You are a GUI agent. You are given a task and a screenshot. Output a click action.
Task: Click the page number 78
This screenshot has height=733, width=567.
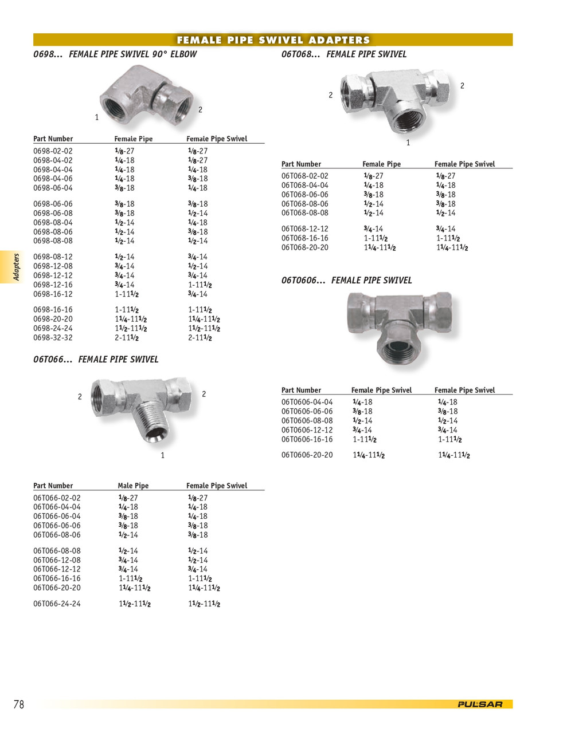pos(19,704)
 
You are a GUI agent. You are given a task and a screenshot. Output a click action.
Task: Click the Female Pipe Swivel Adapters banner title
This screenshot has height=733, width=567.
pos(273,40)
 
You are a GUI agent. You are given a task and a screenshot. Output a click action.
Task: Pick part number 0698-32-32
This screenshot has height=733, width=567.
pos(53,338)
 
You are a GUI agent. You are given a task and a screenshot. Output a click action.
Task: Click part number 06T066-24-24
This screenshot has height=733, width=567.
pos(57,604)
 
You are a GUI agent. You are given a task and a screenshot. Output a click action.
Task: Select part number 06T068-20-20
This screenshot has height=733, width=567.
pos(304,247)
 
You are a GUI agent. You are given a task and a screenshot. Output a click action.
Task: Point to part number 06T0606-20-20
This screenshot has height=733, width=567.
pos(307,455)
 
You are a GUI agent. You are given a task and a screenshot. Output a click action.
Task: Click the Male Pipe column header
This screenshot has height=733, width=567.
pos(133,486)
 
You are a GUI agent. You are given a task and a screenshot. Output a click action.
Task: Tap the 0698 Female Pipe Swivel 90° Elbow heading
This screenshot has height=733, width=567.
pos(115,54)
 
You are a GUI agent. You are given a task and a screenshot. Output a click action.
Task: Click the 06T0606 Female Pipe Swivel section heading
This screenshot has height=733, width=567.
pos(346,281)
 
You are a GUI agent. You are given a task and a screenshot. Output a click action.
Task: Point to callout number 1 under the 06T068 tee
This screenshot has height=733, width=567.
pos(408,143)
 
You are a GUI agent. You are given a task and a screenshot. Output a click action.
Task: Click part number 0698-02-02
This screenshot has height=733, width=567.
pos(53,151)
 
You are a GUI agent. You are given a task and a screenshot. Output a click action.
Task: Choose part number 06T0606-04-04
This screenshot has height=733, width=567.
pos(307,402)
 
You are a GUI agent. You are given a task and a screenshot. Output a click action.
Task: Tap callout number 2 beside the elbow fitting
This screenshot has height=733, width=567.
pos(200,109)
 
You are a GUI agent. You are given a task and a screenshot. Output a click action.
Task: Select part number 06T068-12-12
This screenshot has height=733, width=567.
pos(304,229)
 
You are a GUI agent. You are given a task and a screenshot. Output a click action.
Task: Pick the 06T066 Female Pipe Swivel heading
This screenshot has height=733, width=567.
pos(96,360)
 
